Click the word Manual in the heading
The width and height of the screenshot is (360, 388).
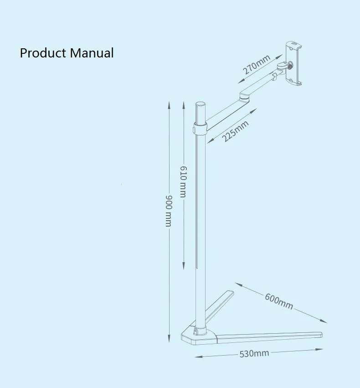pos(92,53)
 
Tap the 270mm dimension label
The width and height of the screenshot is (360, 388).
pos(256,64)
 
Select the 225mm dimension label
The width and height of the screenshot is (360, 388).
pos(236,131)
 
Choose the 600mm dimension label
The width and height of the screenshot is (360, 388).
pos(279,301)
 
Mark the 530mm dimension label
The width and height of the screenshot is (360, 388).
pos(254,354)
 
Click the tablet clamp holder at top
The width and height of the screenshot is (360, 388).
pos(293,64)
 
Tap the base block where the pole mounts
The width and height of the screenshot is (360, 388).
pos(198,336)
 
